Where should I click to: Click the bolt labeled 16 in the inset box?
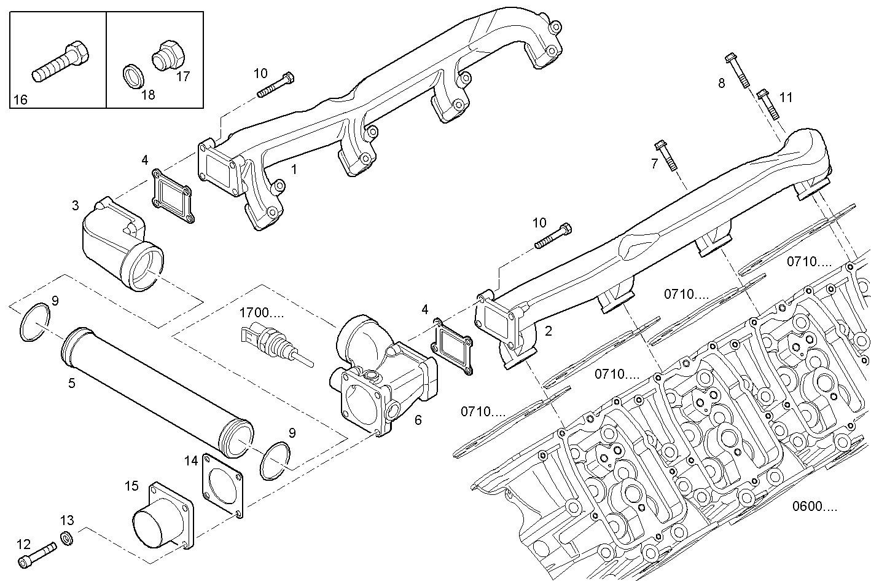click(60, 63)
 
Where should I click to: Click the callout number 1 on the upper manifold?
click(294, 168)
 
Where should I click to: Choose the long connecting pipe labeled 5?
click(157, 392)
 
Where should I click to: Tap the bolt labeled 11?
click(767, 104)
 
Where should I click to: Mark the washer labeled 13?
click(67, 539)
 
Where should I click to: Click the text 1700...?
click(262, 313)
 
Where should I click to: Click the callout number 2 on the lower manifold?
click(549, 331)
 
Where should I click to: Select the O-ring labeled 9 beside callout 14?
click(275, 461)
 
